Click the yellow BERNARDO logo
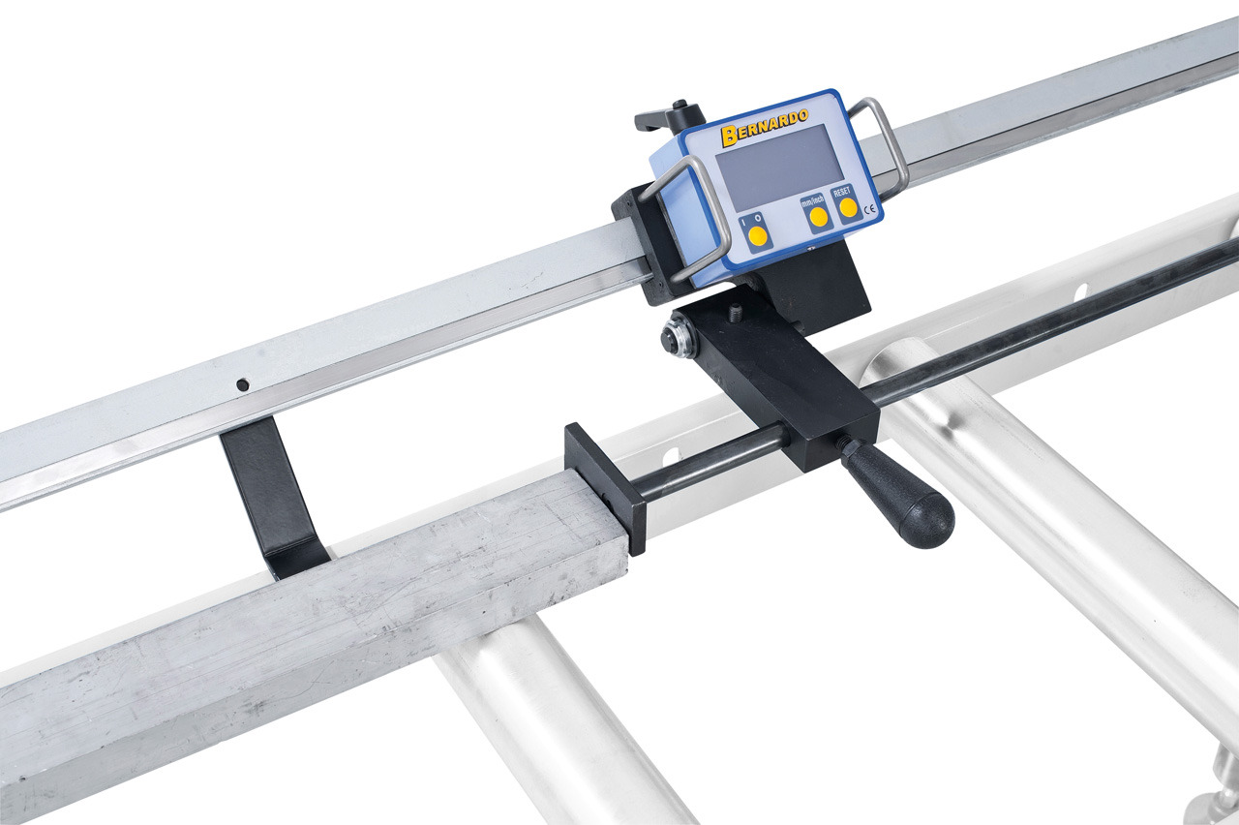[x=765, y=127]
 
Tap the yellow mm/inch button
[x=819, y=218]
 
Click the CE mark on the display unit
[x=869, y=210]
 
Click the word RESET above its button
[x=842, y=192]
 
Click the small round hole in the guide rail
[x=242, y=384]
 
